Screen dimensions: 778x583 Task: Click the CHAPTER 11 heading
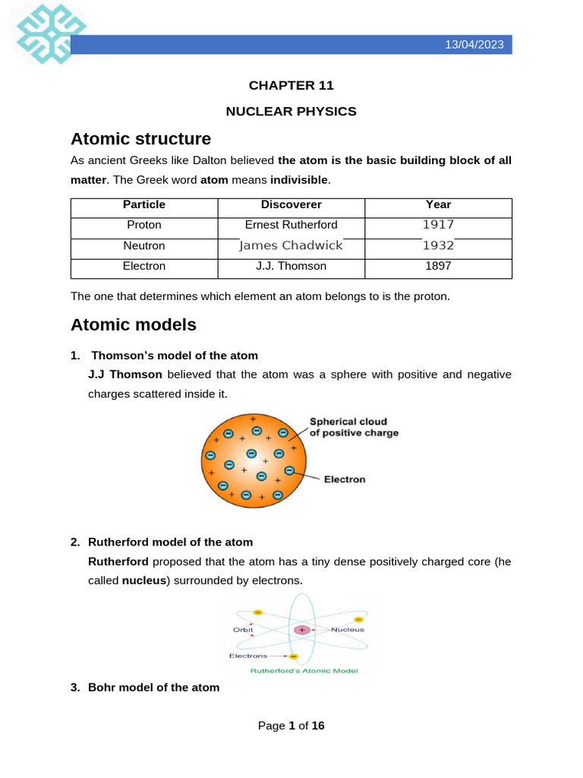(x=291, y=86)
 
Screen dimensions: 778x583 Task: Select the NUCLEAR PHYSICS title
(x=291, y=112)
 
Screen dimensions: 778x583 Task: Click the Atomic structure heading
(x=140, y=139)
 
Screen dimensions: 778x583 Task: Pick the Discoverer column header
(x=291, y=204)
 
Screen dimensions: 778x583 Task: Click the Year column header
(x=438, y=204)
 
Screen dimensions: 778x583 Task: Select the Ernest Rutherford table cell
(x=291, y=225)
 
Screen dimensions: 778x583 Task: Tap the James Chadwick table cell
(x=291, y=245)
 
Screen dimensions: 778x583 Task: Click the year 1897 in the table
(x=438, y=266)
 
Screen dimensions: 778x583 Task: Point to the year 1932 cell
(x=438, y=245)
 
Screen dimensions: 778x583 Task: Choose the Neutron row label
(x=144, y=245)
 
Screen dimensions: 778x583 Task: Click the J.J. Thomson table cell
(x=291, y=266)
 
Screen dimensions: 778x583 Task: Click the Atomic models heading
(x=133, y=325)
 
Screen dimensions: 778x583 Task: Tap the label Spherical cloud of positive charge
(x=353, y=427)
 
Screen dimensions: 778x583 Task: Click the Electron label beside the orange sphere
(x=345, y=479)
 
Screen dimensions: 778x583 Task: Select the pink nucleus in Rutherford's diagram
(x=302, y=630)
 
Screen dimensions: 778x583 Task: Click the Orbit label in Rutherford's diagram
(x=244, y=629)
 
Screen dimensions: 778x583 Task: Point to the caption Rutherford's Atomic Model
(x=304, y=671)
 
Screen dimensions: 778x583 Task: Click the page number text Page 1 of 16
(x=291, y=726)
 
